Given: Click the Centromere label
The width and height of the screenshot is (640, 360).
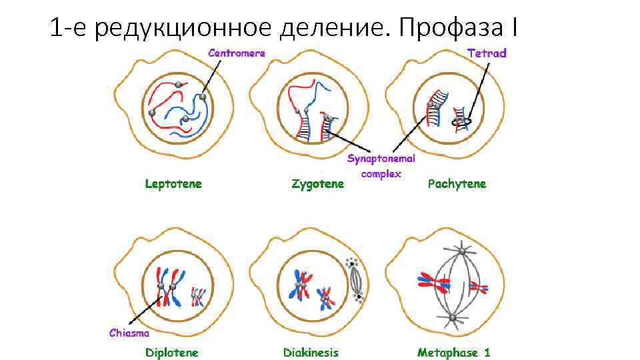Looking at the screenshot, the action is [237, 53].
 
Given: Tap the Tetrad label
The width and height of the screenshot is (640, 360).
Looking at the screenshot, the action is [486, 53].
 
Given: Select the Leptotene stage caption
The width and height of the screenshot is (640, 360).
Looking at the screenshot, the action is [173, 183].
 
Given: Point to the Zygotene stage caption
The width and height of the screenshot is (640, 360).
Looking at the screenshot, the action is [318, 183].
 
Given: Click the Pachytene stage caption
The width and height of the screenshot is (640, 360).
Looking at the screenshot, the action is [457, 183].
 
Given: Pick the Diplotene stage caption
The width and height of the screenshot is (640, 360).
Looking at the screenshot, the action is [172, 353].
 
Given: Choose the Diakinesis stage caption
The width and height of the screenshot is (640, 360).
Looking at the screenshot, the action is [311, 353].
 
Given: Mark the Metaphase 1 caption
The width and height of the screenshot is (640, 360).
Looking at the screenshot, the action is [453, 353].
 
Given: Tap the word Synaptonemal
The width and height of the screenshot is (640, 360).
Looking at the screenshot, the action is [381, 159].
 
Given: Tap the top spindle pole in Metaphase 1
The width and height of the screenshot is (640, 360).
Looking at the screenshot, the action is [461, 251].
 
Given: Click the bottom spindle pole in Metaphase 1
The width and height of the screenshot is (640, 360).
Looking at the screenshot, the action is [453, 319].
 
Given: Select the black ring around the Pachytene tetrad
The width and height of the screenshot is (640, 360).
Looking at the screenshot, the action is [461, 121].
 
